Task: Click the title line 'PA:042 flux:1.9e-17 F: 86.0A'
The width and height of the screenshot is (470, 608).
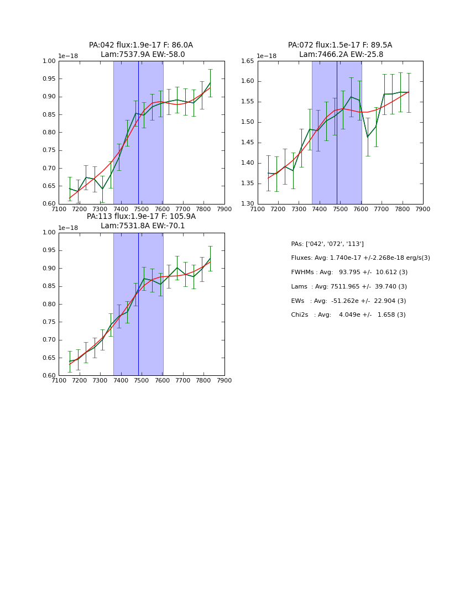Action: (x=141, y=45)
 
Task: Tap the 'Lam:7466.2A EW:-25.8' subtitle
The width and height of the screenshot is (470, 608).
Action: (x=341, y=55)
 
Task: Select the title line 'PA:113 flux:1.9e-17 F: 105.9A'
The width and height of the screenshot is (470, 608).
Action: (x=141, y=217)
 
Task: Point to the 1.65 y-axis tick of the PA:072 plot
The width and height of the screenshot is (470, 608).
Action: (x=247, y=61)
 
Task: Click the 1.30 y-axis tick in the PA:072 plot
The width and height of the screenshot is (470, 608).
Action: (x=247, y=204)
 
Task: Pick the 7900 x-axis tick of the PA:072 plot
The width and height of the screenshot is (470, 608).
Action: (x=423, y=209)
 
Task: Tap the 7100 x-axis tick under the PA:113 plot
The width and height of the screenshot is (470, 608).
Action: (x=59, y=381)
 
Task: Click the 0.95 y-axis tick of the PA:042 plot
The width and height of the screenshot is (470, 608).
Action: (x=49, y=79)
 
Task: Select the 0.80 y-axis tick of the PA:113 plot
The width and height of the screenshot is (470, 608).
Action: (x=49, y=305)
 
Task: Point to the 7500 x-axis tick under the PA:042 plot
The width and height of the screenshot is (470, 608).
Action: (x=142, y=209)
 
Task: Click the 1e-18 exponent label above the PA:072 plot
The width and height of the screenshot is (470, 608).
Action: (x=267, y=56)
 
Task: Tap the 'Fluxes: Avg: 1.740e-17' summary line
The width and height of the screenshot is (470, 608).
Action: (x=360, y=258)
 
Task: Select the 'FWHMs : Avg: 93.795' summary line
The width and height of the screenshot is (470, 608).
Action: (x=349, y=272)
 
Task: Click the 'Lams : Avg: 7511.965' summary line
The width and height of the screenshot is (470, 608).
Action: (x=348, y=287)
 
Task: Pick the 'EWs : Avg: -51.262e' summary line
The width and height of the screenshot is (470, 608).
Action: (x=348, y=301)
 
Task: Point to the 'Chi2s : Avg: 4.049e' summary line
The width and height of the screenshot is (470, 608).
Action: (x=348, y=315)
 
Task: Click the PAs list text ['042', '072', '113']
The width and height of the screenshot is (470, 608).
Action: (x=327, y=244)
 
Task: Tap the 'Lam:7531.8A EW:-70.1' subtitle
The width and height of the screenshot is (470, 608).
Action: (x=143, y=226)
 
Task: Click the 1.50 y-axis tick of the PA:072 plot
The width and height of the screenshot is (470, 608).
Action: (x=247, y=122)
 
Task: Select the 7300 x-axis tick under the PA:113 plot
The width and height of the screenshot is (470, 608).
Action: (x=100, y=381)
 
